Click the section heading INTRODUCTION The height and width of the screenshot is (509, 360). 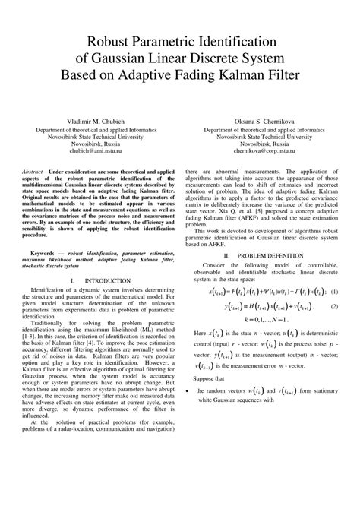pos(108,281)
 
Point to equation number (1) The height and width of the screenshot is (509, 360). pos(333,290)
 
